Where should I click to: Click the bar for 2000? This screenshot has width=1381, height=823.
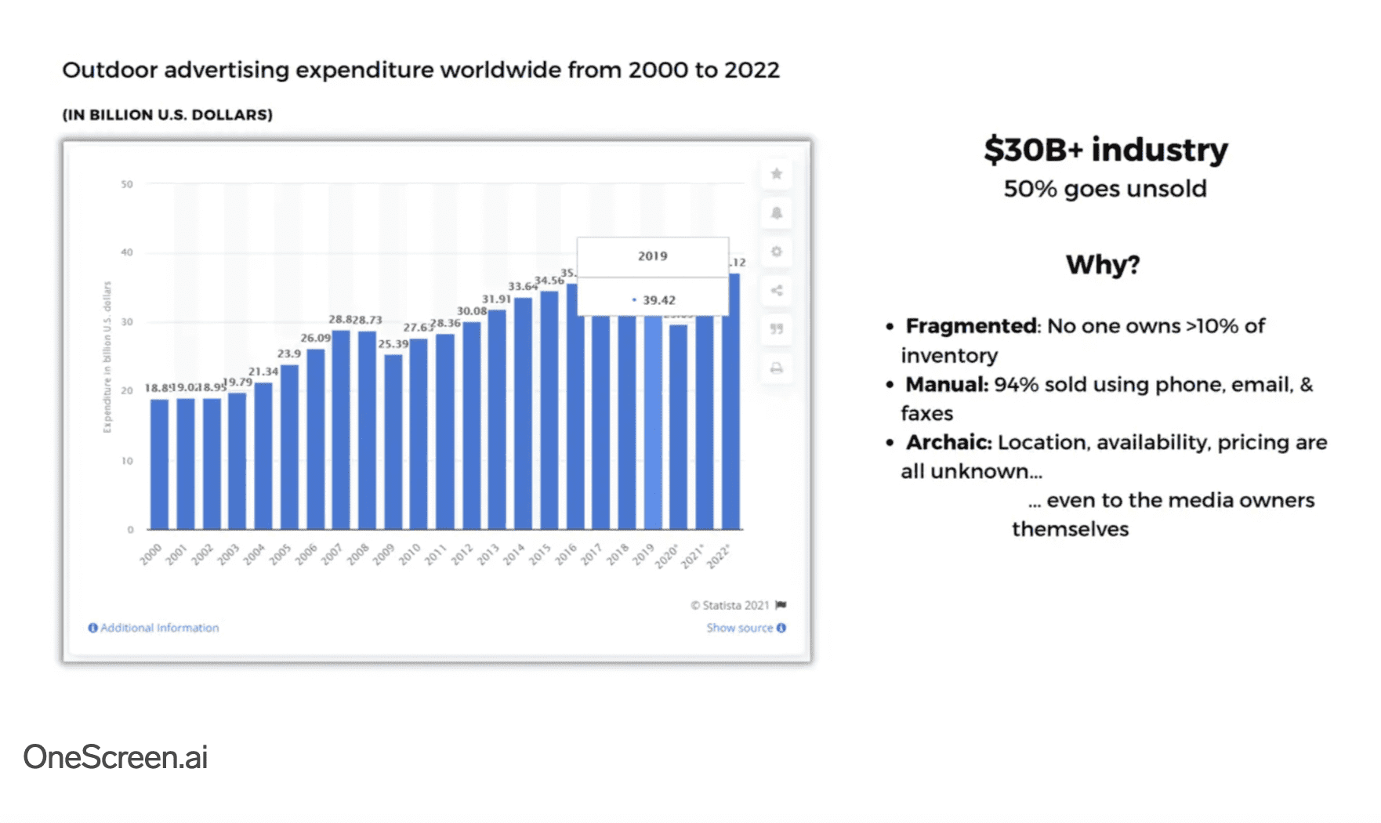[x=159, y=464]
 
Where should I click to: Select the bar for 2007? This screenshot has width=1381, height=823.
[x=341, y=430]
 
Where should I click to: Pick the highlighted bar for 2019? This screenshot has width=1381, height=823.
[x=653, y=423]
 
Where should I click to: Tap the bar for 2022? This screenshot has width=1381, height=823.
[x=730, y=401]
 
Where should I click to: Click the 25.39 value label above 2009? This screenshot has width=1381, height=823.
[x=393, y=344]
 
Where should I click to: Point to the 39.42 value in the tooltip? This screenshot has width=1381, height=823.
[x=658, y=300]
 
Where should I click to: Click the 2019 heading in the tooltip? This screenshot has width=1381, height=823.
[x=652, y=256]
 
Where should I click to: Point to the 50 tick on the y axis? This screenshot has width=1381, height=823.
[x=127, y=184]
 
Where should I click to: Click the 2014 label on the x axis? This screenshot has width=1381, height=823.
[x=513, y=554]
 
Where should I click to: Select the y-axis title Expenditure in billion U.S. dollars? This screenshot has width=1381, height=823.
[x=107, y=357]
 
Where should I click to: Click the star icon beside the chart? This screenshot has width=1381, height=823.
[x=776, y=174]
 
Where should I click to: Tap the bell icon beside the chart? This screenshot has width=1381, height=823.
[x=776, y=213]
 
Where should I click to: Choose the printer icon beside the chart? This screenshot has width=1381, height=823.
[x=776, y=368]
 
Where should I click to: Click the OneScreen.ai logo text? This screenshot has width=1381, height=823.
[x=115, y=757]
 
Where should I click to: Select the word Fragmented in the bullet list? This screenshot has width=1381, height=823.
[x=971, y=326]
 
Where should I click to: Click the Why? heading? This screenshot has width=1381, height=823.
[x=1102, y=265]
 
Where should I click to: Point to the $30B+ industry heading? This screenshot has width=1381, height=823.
[x=1105, y=150]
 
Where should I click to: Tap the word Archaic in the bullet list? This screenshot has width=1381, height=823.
[x=948, y=443]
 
